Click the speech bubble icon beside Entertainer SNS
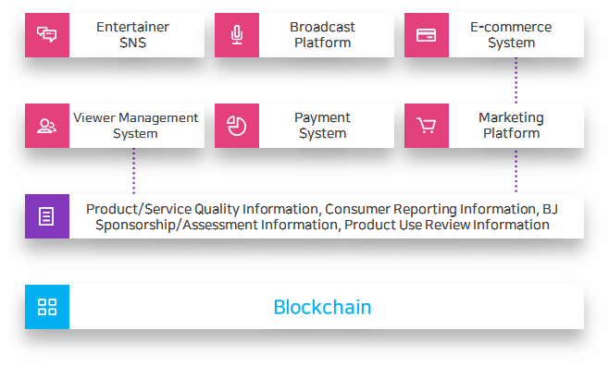(46, 35)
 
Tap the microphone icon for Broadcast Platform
(237, 35)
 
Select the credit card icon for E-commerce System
(427, 35)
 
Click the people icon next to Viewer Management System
(46, 126)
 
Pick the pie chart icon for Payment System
(237, 126)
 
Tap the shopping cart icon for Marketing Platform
(427, 126)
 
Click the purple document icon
(46, 216)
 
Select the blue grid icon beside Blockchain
(46, 307)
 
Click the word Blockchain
(322, 307)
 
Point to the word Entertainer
(132, 27)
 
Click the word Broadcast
(322, 27)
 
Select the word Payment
(322, 117)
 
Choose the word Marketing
(511, 117)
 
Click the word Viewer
(92, 117)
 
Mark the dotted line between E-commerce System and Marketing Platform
(516, 80)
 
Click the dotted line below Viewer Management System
(133, 171)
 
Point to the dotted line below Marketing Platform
(516, 171)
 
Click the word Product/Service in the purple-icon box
(130, 209)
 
